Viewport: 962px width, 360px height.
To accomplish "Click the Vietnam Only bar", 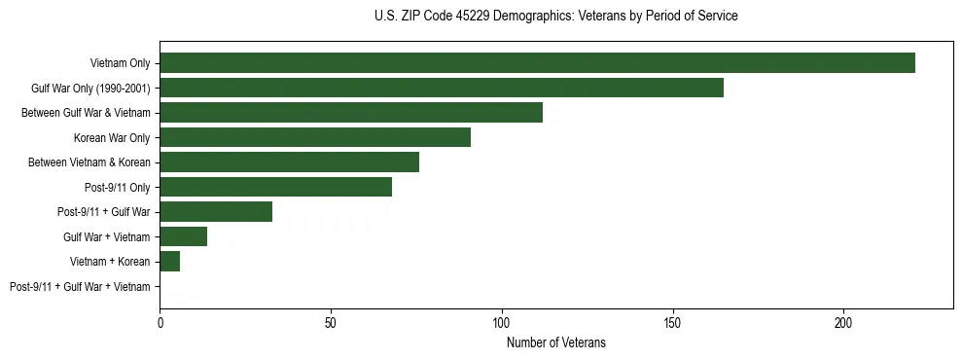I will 537,63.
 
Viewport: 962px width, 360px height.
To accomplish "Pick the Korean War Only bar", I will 315,137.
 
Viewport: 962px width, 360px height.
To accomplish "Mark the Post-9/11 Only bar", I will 275,187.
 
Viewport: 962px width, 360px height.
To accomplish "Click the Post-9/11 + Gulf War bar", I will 216,212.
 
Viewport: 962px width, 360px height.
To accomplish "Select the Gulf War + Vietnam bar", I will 184,236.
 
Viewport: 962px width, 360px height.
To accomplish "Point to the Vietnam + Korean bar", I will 170,262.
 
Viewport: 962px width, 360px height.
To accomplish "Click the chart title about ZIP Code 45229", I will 555,17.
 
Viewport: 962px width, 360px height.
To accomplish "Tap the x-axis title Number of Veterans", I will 555,342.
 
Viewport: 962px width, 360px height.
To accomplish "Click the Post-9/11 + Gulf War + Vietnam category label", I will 80,287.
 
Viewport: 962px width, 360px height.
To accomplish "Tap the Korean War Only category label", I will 112,138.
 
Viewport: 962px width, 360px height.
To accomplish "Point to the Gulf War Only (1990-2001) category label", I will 90,89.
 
